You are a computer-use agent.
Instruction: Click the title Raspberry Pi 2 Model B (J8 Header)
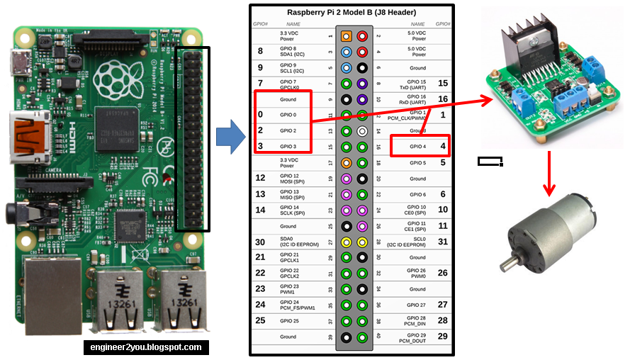coord(352,12)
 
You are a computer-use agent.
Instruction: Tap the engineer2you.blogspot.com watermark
coord(146,347)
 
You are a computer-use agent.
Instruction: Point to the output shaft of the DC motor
coord(508,266)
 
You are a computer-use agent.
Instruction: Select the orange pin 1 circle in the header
coord(346,35)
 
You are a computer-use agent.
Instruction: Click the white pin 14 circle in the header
coord(362,131)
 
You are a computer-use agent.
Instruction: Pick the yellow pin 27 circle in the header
coord(346,242)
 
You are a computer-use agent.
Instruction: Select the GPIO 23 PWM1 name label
coord(289,289)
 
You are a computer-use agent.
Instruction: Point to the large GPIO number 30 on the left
coord(261,242)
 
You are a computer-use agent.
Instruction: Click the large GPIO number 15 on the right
coord(443,83)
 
